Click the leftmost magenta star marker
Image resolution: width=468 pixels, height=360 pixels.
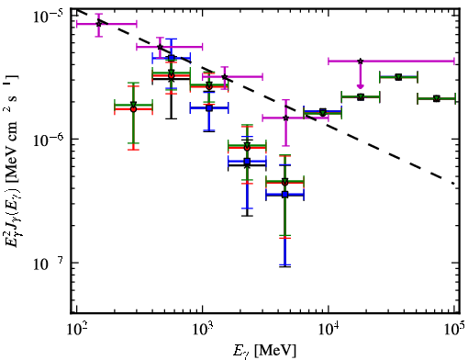98,24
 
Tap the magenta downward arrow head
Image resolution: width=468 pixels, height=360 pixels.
361,86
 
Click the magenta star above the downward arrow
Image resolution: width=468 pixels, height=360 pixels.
361,62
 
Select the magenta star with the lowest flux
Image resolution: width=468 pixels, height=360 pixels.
285,118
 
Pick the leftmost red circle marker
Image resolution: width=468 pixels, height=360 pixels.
133,109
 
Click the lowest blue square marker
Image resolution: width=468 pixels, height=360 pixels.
285,194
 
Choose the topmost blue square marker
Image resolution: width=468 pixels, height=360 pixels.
172,58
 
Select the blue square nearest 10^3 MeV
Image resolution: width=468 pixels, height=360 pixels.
209,107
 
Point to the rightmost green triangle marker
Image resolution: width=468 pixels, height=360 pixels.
437,98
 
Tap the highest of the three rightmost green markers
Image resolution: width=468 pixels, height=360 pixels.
398,77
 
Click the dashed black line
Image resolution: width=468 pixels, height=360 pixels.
265,96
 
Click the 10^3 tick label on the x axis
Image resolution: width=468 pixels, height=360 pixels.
203,331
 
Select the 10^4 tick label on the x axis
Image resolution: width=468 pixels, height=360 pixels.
329,331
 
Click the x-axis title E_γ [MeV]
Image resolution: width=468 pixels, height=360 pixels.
264,351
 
